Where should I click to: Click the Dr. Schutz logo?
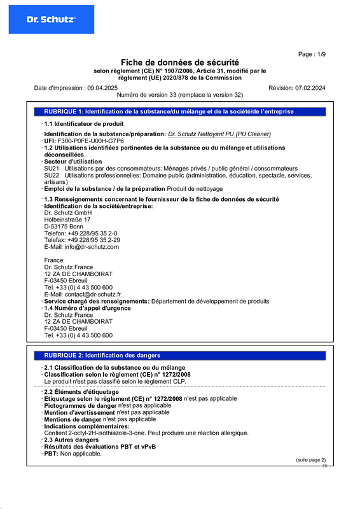pyautogui.click(x=51, y=20)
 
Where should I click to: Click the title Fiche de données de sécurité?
pyautogui.click(x=180, y=62)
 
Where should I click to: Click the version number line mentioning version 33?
pyautogui.click(x=180, y=94)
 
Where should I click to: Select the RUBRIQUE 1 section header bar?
pyautogui.click(x=180, y=111)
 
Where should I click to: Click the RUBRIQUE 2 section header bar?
pyautogui.click(x=180, y=355)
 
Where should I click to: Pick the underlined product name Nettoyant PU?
pyautogui.click(x=219, y=134)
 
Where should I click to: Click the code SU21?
pyautogui.click(x=52, y=168)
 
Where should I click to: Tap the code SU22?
pyautogui.click(x=52, y=175)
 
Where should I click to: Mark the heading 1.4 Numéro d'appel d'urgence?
pyautogui.click(x=87, y=308)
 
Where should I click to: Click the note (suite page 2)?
pyautogui.click(x=310, y=459)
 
